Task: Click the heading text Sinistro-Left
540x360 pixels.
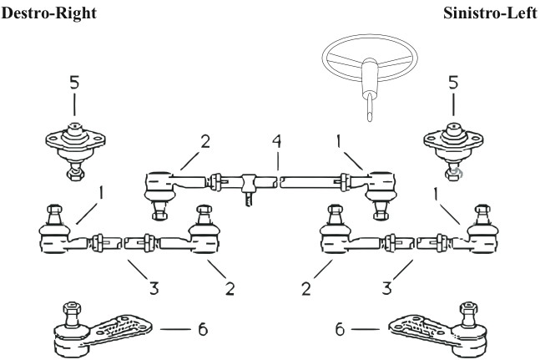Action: tap(492, 13)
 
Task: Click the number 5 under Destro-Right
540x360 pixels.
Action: tap(73, 84)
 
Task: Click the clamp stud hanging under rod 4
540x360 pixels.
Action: tap(248, 198)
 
